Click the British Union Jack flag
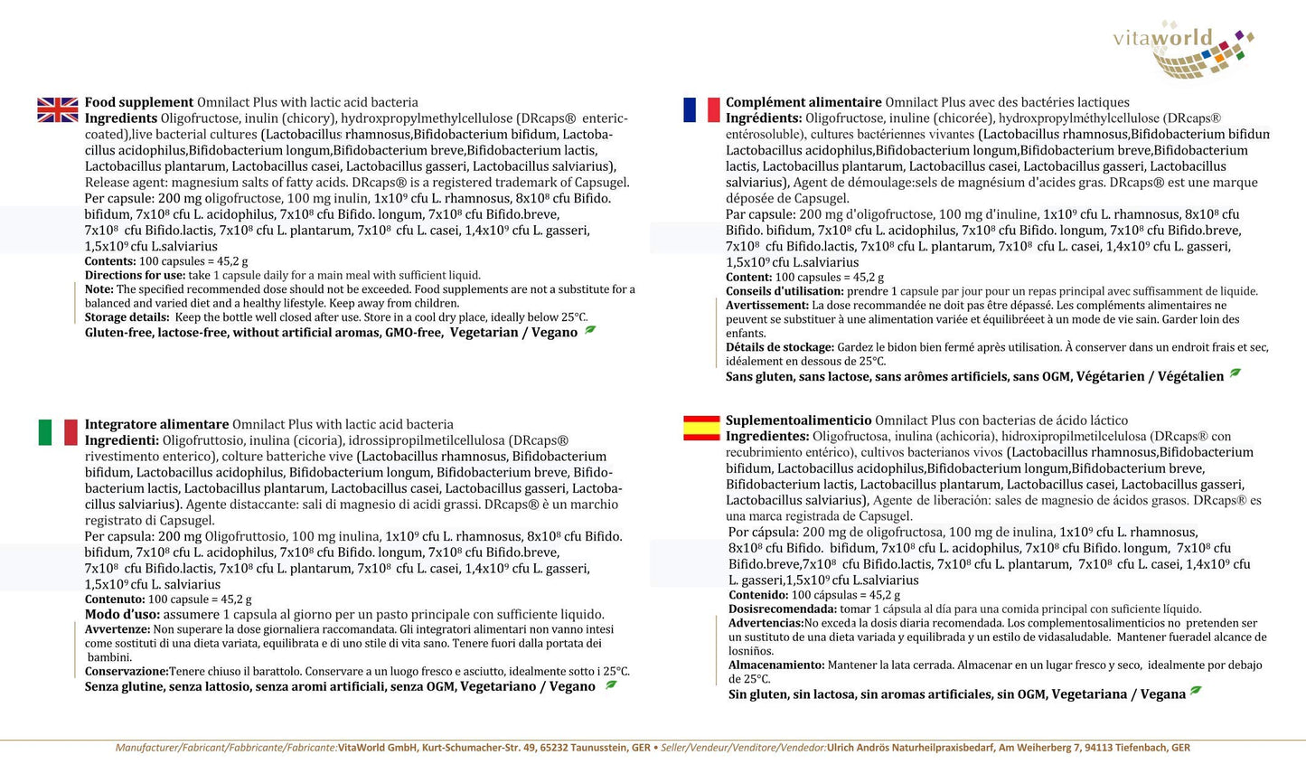tap(58, 110)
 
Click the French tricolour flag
tap(701, 110)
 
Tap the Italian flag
tap(58, 432)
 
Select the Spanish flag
tap(701, 428)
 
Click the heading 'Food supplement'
tap(139, 102)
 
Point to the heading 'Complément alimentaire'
tap(803, 102)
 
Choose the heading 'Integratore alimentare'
tap(156, 424)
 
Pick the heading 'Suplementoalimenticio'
tap(798, 420)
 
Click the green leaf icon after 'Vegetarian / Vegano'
tap(590, 330)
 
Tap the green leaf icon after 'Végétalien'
tap(1235, 373)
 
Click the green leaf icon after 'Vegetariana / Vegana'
tap(1196, 692)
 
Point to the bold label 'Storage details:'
tap(127, 317)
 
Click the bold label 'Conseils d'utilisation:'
tap(785, 291)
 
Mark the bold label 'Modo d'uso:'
tap(123, 615)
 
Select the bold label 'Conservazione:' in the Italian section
tap(127, 672)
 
